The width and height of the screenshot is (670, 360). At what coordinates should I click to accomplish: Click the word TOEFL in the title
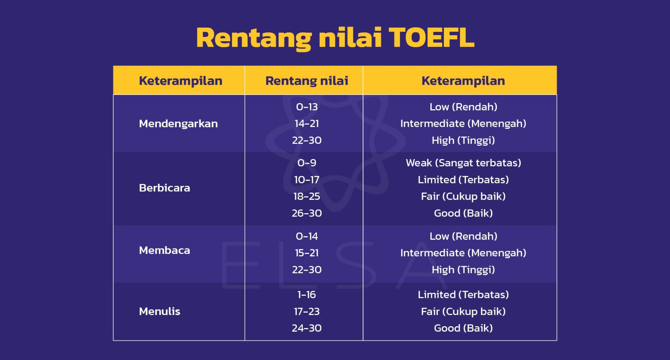pos(431,38)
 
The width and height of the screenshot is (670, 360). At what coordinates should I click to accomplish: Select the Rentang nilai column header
pos(307,81)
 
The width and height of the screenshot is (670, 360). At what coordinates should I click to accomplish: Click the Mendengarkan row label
pos(178,124)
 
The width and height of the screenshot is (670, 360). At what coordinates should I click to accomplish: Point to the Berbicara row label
pos(164,188)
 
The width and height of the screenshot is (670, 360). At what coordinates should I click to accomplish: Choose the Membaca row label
pos(164,250)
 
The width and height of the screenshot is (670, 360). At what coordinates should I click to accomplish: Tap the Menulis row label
pos(159,311)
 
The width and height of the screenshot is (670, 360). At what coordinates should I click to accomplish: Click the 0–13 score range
pos(307,107)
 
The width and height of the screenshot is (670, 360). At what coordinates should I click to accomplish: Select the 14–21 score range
pos(307,124)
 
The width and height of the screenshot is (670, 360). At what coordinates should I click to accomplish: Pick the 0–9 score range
pos(307,163)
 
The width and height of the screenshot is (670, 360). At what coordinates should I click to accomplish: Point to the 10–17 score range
pos(307,180)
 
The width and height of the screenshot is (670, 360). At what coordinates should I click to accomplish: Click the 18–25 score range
pos(307,197)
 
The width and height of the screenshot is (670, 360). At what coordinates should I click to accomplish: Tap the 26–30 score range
pos(307,213)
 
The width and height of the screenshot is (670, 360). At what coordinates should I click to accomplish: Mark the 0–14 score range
pos(307,236)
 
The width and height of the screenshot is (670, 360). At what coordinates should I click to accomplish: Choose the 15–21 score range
pos(307,253)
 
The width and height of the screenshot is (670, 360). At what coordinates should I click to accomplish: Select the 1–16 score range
pos(307,295)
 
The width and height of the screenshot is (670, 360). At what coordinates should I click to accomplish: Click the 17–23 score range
pos(307,312)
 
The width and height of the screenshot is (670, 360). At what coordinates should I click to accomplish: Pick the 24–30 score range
pos(307,328)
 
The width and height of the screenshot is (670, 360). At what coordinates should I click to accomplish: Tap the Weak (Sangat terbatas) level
pos(463,163)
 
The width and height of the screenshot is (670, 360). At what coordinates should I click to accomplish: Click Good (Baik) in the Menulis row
pos(463,328)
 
